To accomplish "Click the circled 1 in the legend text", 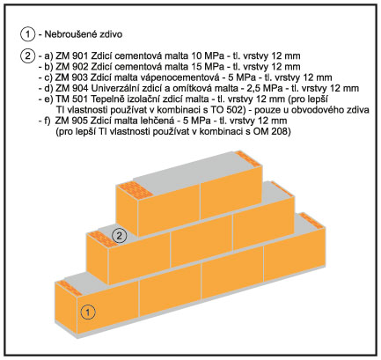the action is (x=27, y=34).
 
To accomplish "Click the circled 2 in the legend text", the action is (x=27, y=55).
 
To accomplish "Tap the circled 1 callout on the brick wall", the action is (x=88, y=312).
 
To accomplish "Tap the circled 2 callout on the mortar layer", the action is (x=119, y=236).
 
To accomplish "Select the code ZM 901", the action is (x=71, y=55).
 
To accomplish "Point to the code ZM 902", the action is (x=71, y=67).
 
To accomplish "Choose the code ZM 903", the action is (x=71, y=77).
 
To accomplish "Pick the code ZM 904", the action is (x=71, y=88).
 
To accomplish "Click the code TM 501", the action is (x=71, y=99).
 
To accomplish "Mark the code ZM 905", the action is (x=71, y=121).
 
